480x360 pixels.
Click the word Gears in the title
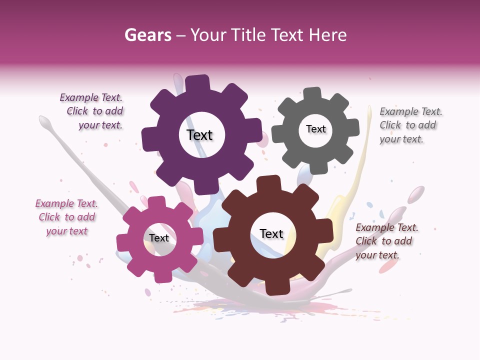(147, 35)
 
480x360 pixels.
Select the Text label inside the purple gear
(199, 135)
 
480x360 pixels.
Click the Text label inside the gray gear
(315, 129)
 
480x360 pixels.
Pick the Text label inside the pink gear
(159, 238)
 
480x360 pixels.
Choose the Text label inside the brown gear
(271, 233)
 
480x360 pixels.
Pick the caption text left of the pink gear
(66, 217)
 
